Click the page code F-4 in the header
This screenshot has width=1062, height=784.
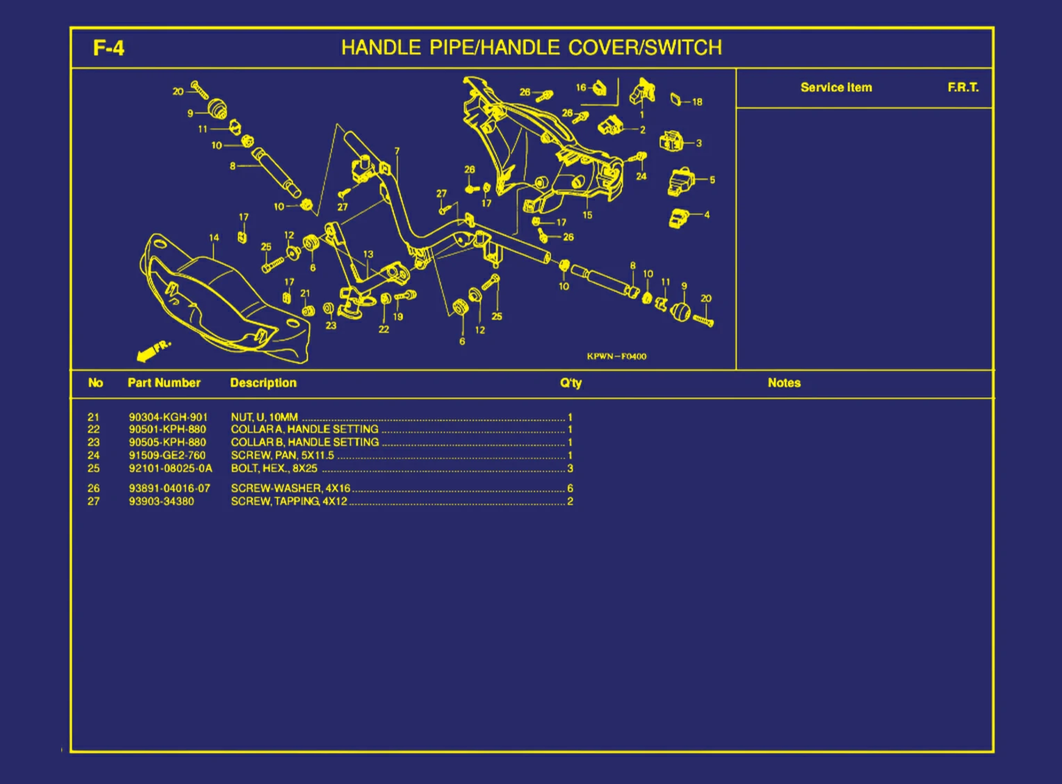click(x=108, y=48)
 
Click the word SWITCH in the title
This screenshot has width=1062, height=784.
click(x=683, y=47)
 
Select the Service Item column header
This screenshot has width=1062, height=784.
click(x=835, y=88)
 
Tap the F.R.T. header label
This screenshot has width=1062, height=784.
click(x=963, y=88)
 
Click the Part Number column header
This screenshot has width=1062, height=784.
click(x=164, y=383)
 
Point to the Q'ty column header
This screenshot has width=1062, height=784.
click(x=571, y=383)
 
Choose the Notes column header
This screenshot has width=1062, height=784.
click(x=784, y=383)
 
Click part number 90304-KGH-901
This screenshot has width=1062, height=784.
click(x=168, y=417)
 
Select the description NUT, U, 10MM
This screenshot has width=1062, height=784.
click(x=264, y=417)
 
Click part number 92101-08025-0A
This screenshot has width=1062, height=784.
click(x=170, y=468)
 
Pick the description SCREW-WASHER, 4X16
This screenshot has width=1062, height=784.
click(x=291, y=488)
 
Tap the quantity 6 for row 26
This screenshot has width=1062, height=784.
click(x=570, y=488)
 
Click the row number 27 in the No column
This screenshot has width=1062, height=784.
click(x=93, y=501)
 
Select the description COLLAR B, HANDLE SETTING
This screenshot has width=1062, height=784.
click(x=304, y=442)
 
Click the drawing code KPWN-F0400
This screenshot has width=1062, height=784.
click(x=616, y=356)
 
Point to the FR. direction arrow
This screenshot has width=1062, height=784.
click(x=153, y=351)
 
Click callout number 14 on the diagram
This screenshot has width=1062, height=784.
click(x=214, y=238)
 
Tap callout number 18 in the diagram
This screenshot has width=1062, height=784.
click(x=697, y=102)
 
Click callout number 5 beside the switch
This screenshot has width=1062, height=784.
click(x=712, y=179)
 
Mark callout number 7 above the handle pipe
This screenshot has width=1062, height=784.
click(x=397, y=151)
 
